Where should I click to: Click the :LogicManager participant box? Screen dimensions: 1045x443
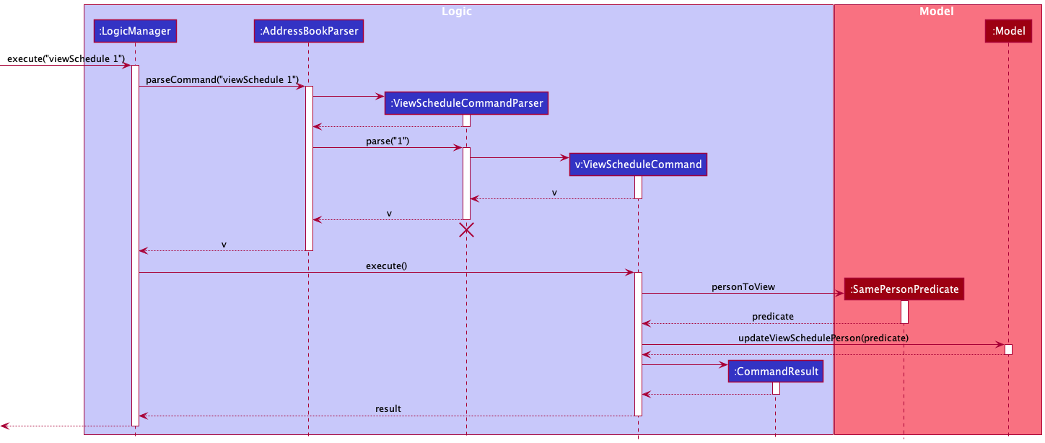click(135, 31)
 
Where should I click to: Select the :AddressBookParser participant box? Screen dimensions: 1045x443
click(309, 31)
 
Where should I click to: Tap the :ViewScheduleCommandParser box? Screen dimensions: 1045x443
click(466, 103)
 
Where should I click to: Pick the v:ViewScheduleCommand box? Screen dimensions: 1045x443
click(638, 165)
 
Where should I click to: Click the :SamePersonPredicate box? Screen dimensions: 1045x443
click(904, 289)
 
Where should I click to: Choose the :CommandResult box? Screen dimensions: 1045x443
click(776, 372)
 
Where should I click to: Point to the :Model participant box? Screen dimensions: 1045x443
click(1008, 31)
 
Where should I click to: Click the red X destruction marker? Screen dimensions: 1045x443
click(466, 230)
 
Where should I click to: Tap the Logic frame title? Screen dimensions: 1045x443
click(457, 12)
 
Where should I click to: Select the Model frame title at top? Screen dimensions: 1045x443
click(936, 12)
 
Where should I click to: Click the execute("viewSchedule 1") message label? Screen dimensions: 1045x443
click(66, 58)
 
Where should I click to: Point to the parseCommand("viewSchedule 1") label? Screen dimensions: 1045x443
click(222, 80)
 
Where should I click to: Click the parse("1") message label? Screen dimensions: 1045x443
click(388, 141)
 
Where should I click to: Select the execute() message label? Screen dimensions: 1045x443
click(386, 266)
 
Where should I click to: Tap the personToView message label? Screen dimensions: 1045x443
click(743, 286)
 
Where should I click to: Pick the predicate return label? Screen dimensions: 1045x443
click(772, 317)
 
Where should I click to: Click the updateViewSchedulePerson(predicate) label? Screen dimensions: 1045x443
click(823, 338)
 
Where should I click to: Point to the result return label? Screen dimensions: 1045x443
click(388, 409)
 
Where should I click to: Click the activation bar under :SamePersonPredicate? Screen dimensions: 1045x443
click(904, 312)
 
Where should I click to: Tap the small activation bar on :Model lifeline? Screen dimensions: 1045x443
click(1008, 350)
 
